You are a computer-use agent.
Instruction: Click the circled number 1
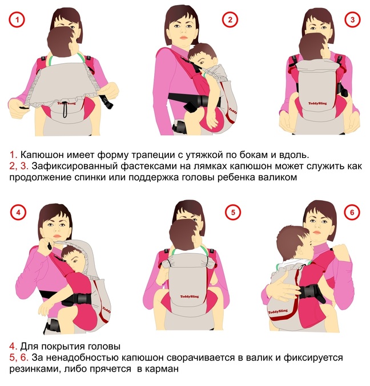17,19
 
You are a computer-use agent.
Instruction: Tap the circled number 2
230,19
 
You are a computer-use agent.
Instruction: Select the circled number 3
352,19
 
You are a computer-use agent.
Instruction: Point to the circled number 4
18,212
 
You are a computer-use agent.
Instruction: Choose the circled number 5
233,212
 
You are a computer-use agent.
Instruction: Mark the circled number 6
352,212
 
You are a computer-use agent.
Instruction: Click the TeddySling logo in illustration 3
317,103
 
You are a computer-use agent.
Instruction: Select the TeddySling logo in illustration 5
190,296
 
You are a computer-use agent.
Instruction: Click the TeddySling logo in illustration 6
277,312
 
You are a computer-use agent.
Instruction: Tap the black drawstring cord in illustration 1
65,109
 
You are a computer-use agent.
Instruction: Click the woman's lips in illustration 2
183,38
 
